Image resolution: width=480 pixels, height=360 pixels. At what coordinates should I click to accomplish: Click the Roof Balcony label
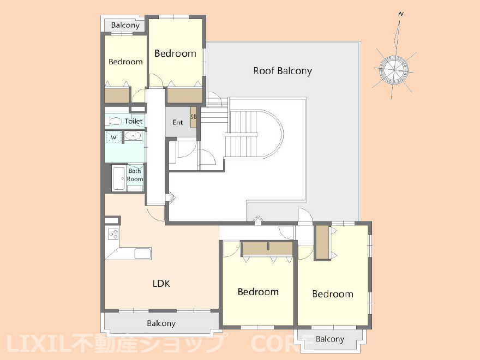coord(283,71)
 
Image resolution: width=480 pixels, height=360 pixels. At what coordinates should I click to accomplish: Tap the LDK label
coord(161,284)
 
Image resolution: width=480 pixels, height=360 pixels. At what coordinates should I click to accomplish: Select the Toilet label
coord(134,121)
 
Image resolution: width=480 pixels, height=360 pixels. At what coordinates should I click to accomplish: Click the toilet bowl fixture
coord(113,121)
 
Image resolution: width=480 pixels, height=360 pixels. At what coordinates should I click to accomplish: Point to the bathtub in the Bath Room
coord(119,178)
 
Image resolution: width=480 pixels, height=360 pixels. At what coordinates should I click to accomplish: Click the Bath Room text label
coord(135,175)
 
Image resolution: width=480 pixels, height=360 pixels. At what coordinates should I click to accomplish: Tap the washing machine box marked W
coord(113,137)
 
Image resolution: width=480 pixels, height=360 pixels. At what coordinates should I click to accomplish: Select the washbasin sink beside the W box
coord(133,136)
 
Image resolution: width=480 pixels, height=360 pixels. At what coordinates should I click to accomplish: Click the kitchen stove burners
coord(113,234)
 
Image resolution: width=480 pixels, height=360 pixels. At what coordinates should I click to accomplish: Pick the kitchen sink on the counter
coord(143,254)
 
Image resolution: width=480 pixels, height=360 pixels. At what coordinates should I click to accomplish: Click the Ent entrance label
coord(178,122)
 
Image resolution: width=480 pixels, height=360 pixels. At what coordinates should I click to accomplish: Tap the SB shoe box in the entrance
coord(194,117)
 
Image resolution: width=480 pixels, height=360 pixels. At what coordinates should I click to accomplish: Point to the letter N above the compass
coord(401,14)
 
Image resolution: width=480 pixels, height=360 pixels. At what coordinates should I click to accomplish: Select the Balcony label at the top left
coord(125,25)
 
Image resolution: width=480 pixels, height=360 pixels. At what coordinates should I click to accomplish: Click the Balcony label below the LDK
coord(161,323)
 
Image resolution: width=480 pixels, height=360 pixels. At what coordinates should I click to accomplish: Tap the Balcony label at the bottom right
coord(329,339)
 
